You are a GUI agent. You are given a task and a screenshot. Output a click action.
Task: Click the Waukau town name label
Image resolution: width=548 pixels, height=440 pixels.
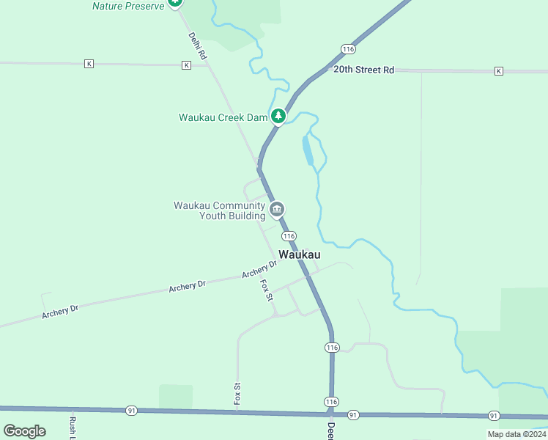tap(300, 254)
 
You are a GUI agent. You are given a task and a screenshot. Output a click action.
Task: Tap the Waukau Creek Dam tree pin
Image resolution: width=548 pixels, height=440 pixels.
tap(278, 116)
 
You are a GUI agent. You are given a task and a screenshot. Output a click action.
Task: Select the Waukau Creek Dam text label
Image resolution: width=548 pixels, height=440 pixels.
tap(223, 117)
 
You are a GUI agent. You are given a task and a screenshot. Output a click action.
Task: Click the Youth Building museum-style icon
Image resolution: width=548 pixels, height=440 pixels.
tap(277, 210)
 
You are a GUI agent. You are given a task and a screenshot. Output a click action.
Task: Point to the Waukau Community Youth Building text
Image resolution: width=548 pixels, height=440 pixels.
tap(219, 210)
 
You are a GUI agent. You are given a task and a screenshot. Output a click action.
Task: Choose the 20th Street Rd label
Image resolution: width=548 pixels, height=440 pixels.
tap(364, 70)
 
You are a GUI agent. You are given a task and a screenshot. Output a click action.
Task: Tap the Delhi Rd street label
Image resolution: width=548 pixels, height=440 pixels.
tap(198, 45)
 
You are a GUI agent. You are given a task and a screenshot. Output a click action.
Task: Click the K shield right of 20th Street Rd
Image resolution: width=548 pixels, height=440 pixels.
tap(499, 71)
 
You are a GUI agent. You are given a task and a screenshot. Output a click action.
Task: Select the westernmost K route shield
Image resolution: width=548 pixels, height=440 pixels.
tap(89, 64)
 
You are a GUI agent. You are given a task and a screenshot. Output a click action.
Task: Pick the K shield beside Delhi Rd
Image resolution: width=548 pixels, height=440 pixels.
tap(186, 65)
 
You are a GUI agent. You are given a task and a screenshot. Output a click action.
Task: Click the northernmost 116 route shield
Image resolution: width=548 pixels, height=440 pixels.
tap(348, 48)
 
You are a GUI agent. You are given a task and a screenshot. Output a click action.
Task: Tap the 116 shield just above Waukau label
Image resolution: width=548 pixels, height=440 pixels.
tap(289, 236)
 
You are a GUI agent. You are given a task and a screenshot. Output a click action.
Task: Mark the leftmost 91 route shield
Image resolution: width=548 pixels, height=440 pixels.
tap(131, 410)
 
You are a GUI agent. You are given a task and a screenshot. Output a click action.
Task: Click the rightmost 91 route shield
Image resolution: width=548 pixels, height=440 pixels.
tap(494, 416)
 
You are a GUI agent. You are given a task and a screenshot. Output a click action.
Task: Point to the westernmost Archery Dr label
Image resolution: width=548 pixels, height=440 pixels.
tap(60, 312)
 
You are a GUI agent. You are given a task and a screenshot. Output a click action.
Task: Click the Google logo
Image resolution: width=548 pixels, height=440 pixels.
tap(24, 431)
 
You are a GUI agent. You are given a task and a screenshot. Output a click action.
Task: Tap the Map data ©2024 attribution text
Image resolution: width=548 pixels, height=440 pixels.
tap(515, 434)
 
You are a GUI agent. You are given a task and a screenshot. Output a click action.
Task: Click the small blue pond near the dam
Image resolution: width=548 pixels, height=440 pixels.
tap(308, 150)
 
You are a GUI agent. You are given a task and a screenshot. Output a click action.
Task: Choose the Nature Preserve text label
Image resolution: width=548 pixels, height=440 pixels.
tap(127, 6)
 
